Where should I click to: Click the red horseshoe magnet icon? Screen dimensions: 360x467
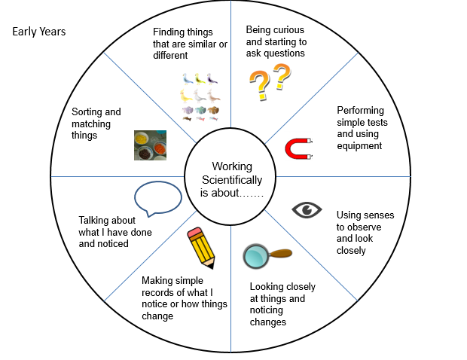301,148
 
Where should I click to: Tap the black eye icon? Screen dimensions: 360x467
306,210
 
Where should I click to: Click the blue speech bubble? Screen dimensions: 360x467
157,199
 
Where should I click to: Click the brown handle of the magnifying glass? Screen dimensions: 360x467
281,254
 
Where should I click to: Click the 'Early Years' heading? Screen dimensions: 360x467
39,32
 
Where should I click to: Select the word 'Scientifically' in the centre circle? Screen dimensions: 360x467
232,179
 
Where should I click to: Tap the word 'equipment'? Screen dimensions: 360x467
360,145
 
